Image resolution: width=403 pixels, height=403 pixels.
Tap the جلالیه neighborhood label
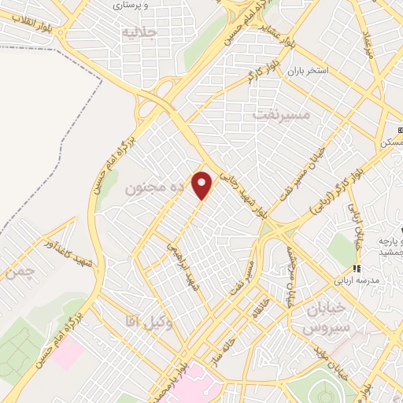pyautogui.click(x=140, y=33)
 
